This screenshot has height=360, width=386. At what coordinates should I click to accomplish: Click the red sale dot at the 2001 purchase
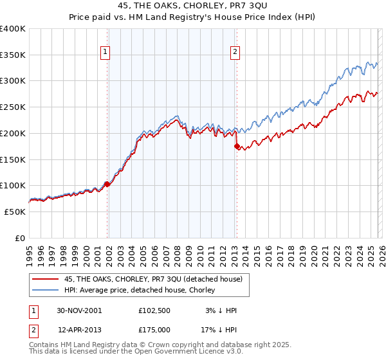[107, 184]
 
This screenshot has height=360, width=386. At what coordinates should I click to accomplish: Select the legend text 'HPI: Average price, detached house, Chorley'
[140, 291]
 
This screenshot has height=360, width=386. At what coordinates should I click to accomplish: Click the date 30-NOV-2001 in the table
[80, 310]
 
